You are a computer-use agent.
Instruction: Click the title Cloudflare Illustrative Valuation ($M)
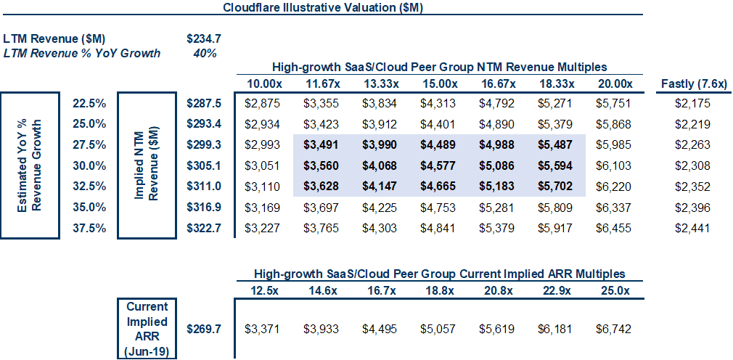coord(323,9)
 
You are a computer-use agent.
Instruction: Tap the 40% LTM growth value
coord(205,53)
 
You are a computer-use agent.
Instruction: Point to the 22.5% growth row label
coord(90,103)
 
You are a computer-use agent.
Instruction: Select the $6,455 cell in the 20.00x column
coord(614,229)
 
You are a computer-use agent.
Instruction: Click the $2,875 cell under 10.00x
coord(262,103)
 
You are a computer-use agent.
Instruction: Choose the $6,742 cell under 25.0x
coord(614,329)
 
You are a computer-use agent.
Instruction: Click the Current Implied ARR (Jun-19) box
coord(147,329)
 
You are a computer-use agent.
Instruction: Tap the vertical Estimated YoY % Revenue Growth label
coord(30,165)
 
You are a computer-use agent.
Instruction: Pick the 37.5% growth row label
coord(90,229)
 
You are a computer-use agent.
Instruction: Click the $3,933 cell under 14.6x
coord(322,329)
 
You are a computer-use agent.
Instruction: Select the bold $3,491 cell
coord(322,145)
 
